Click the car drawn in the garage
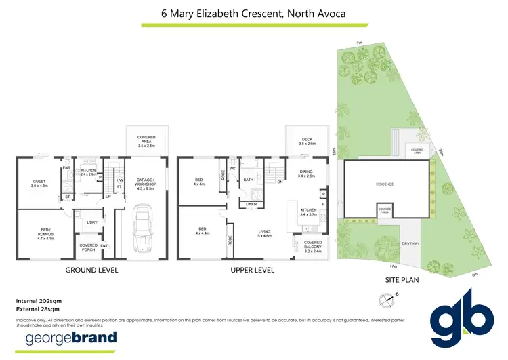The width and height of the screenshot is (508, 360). [143, 229]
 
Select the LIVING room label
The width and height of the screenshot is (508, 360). [265, 233]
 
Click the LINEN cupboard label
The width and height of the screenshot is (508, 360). [251, 203]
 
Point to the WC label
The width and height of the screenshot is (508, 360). [232, 168]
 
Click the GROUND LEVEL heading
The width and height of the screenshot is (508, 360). [91, 270]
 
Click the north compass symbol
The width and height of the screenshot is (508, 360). [388, 298]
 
